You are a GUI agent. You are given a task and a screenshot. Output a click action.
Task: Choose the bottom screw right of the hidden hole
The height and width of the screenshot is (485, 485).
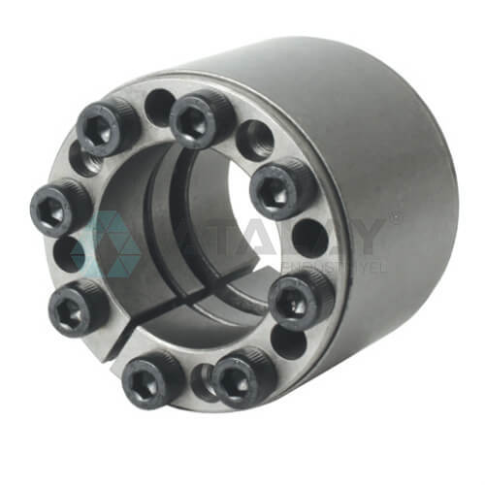tap(242, 373)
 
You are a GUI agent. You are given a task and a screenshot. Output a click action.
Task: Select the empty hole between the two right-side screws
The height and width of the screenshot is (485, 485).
tap(309, 238)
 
